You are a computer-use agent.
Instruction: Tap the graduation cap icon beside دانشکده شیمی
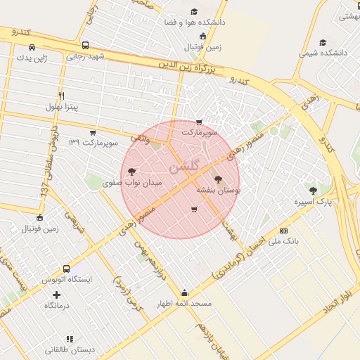pyautogui.click(x=323, y=42)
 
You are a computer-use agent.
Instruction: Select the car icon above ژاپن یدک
pyautogui.click(x=32, y=47)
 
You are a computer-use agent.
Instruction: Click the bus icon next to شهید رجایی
pyautogui.click(x=86, y=45)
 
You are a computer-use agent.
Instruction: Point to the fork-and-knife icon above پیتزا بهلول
pyautogui.click(x=62, y=96)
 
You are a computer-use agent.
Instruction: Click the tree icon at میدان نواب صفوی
pyautogui.click(x=132, y=171)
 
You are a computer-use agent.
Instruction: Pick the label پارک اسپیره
pyautogui.click(x=313, y=202)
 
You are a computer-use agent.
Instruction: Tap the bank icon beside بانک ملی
pyautogui.click(x=283, y=230)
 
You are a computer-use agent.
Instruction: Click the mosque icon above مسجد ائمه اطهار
pyautogui.click(x=184, y=292)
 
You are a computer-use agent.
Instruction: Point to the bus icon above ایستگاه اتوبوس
pyautogui.click(x=66, y=269)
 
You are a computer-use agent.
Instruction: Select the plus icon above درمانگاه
pyautogui.click(x=57, y=295)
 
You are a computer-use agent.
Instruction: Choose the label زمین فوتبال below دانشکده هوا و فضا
pyautogui.click(x=202, y=46)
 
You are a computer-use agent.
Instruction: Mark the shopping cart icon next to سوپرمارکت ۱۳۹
pyautogui.click(x=94, y=132)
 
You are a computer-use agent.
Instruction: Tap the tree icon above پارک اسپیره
pyautogui.click(x=313, y=190)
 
